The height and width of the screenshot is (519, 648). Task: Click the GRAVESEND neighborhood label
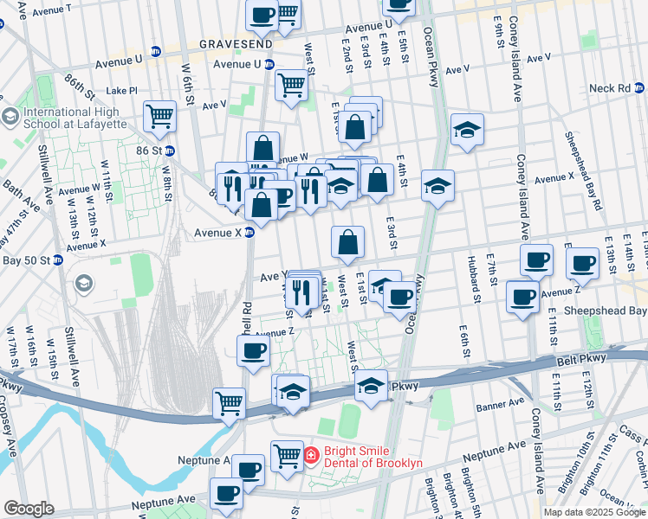(236, 42)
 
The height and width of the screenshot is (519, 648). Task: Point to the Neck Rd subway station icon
(639, 88)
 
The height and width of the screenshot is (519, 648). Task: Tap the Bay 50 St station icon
(58, 259)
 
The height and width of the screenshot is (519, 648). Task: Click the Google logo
(29, 509)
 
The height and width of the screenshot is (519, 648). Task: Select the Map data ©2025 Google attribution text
(594, 512)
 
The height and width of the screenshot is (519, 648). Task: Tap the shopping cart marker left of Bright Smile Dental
(287, 454)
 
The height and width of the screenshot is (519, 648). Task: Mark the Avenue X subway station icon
(249, 232)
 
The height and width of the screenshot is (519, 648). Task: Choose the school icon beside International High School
(10, 116)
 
